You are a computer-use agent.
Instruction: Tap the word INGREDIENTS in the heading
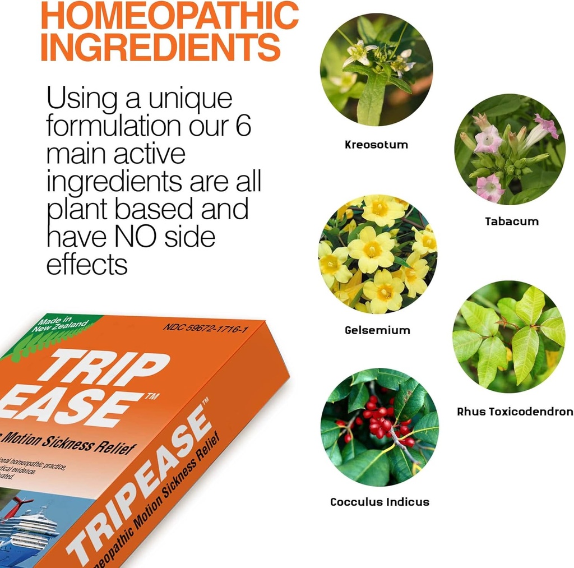pos(160,48)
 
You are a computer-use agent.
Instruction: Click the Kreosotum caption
pos(376,145)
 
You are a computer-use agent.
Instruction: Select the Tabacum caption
pos(511,221)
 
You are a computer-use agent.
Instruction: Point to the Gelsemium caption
pos(377,330)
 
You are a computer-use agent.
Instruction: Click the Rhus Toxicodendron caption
pos(515,412)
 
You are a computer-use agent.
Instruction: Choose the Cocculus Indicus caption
pos(379,502)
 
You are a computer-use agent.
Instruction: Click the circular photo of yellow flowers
pos(377,254)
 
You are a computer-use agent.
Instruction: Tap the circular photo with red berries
pos(379,427)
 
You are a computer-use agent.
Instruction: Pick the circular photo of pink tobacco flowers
pos(510,149)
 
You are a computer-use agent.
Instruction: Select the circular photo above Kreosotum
pos(376,70)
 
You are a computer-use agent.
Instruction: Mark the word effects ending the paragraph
pos(86,264)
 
